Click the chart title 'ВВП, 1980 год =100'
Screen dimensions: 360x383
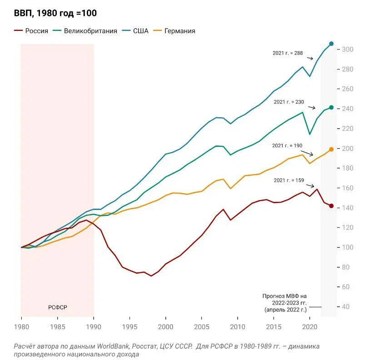pos(55,13)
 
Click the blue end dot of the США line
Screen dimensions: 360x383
pos(331,44)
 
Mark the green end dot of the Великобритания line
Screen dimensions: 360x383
pos(331,107)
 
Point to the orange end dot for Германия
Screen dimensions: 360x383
pos(331,149)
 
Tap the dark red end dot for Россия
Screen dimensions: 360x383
pos(331,206)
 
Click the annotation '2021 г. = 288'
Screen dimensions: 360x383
pos(288,53)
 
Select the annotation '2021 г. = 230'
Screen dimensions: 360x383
pos(288,102)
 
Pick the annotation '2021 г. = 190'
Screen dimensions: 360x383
pos(287,146)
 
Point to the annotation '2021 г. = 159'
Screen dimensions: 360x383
pos(288,180)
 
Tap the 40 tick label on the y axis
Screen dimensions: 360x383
pos(346,307)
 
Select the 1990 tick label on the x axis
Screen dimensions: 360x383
pos(94,326)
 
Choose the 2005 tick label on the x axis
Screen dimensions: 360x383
pos(202,326)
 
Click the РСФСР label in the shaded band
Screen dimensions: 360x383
pos(58,307)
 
